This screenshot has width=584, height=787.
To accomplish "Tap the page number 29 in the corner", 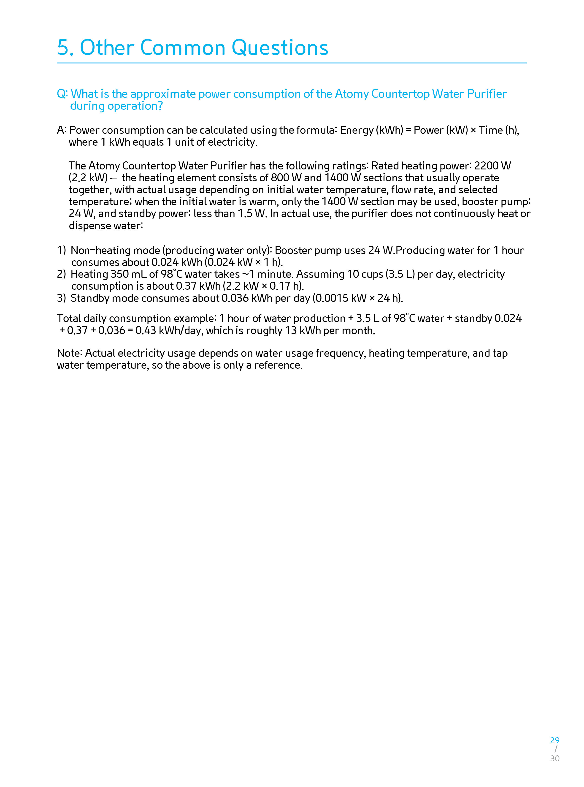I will [x=555, y=740].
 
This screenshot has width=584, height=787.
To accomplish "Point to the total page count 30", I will [x=555, y=758].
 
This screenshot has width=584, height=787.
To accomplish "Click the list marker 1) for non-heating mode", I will [x=62, y=250].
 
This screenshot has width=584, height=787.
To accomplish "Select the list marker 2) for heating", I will [x=62, y=274].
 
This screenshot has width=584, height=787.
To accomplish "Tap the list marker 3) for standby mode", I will [x=62, y=298].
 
